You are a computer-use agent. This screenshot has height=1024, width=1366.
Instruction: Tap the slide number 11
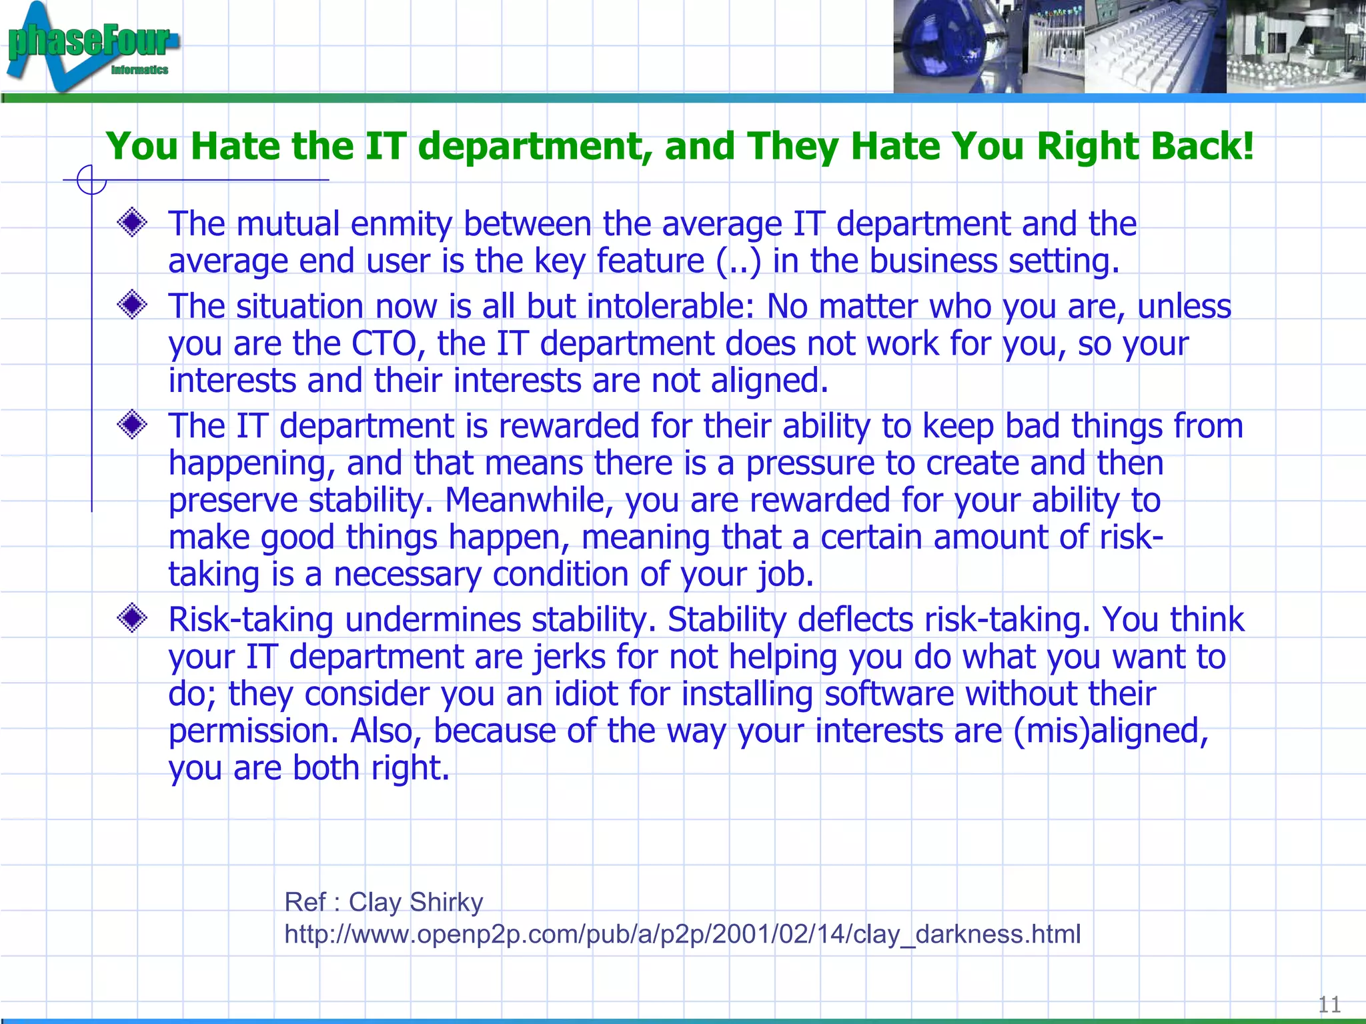click(1329, 1003)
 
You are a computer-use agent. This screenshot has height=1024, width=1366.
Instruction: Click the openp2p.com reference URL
click(682, 934)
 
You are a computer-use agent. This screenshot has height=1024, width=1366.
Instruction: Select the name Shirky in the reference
click(446, 902)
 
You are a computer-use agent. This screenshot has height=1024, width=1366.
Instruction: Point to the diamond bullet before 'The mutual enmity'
click(132, 223)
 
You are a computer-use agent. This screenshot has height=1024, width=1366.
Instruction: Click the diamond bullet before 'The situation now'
click(132, 305)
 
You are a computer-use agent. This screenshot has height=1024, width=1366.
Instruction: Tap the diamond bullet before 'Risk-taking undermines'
click(132, 619)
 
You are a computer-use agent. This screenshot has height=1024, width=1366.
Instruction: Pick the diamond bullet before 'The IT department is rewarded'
click(132, 425)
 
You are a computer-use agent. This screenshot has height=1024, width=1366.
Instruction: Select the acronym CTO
click(384, 344)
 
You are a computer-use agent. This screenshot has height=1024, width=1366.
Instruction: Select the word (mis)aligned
click(1111, 731)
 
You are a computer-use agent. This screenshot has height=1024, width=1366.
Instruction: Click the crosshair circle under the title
click(91, 180)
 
